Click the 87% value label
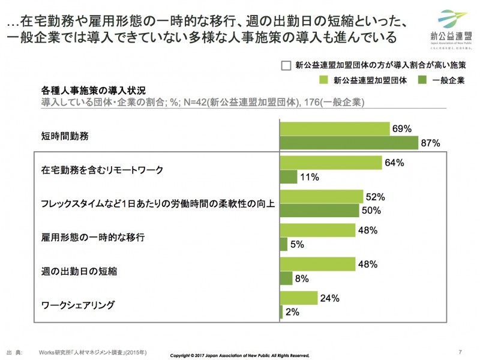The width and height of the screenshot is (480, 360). tap(431, 143)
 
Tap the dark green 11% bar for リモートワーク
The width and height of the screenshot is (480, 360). tap(289, 177)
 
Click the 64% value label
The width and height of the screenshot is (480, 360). tap(395, 162)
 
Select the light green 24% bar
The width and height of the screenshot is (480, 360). tap(299, 298)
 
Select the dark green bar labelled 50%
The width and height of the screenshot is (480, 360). tap(319, 211)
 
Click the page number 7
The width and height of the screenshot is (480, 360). tap(460, 351)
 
